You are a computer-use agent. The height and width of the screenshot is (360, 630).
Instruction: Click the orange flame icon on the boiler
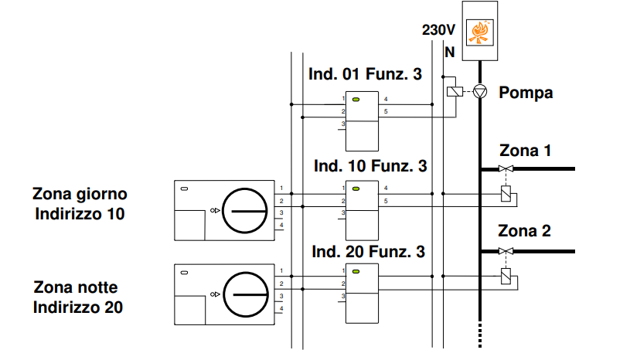(480, 32)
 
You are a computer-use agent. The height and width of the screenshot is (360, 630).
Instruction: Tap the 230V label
(438, 29)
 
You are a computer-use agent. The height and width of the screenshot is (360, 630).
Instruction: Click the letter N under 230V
(450, 53)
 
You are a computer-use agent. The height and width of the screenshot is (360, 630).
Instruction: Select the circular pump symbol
(480, 91)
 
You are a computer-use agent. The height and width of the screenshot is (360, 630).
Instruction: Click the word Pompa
(526, 92)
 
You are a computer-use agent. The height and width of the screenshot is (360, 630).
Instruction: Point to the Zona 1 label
(525, 151)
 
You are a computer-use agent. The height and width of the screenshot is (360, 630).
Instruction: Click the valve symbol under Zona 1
(506, 168)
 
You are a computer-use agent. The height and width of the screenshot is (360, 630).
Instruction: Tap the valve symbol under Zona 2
(506, 251)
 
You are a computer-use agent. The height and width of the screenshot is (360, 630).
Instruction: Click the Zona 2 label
(524, 231)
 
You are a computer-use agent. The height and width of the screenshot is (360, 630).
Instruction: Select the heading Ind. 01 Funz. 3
(365, 74)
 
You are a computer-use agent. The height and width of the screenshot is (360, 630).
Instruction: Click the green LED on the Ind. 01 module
(356, 99)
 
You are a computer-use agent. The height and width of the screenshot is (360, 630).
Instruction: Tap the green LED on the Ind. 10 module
(356, 188)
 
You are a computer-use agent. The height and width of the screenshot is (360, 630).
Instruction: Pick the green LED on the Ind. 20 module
(356, 271)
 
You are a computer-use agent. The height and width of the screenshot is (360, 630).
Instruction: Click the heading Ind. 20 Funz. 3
(368, 252)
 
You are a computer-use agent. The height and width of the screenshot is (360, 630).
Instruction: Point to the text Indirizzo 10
(80, 213)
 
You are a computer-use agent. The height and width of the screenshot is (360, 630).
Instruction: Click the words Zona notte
(76, 287)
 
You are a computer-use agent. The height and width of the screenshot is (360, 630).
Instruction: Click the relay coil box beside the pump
(455, 91)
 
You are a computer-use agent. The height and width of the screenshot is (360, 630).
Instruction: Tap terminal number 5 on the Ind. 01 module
(386, 111)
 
